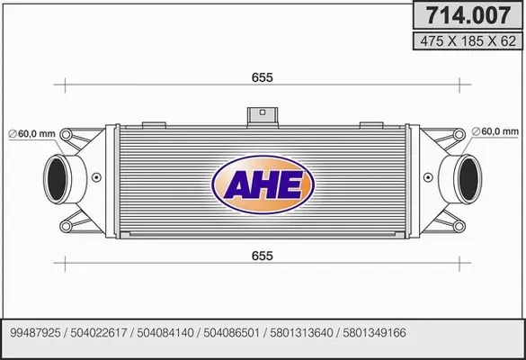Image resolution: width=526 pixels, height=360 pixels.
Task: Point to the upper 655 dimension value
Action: click(263, 78)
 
